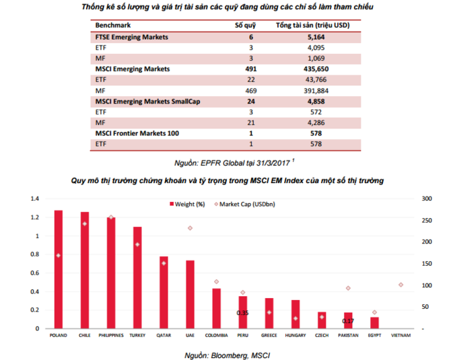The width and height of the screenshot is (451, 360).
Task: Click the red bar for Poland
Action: [59, 269]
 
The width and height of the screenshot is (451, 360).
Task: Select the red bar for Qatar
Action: [164, 292]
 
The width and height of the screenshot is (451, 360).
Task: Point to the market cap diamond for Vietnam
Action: [401, 285]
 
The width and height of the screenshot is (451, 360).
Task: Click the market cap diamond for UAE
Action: [190, 228]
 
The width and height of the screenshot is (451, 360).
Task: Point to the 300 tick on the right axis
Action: [427, 199]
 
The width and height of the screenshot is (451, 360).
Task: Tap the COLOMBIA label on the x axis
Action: [216, 335]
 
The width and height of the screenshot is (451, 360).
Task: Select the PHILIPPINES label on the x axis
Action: [111, 335]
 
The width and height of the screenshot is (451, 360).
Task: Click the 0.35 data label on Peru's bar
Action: [243, 313]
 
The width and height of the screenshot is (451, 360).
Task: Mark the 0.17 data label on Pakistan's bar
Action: [348, 321]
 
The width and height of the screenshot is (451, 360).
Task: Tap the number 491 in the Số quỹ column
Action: [250, 68]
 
